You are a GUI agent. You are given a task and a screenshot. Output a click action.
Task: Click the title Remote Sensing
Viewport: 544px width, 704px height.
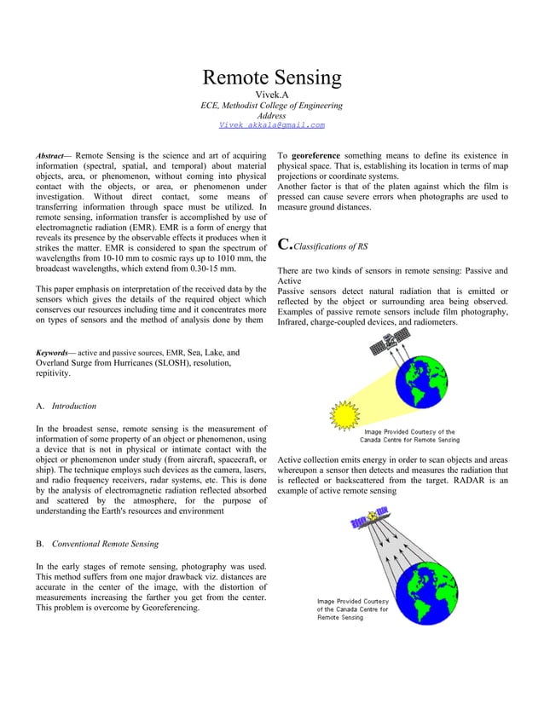pos(271,78)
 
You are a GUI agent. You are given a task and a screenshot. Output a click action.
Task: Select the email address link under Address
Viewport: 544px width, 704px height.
pos(271,125)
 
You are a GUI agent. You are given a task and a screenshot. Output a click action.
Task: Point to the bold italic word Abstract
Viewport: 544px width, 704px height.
pos(52,156)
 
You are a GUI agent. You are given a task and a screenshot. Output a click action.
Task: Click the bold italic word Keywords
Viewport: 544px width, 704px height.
pos(54,351)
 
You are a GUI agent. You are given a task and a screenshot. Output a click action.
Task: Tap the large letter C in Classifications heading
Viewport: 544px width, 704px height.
pos(285,246)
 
